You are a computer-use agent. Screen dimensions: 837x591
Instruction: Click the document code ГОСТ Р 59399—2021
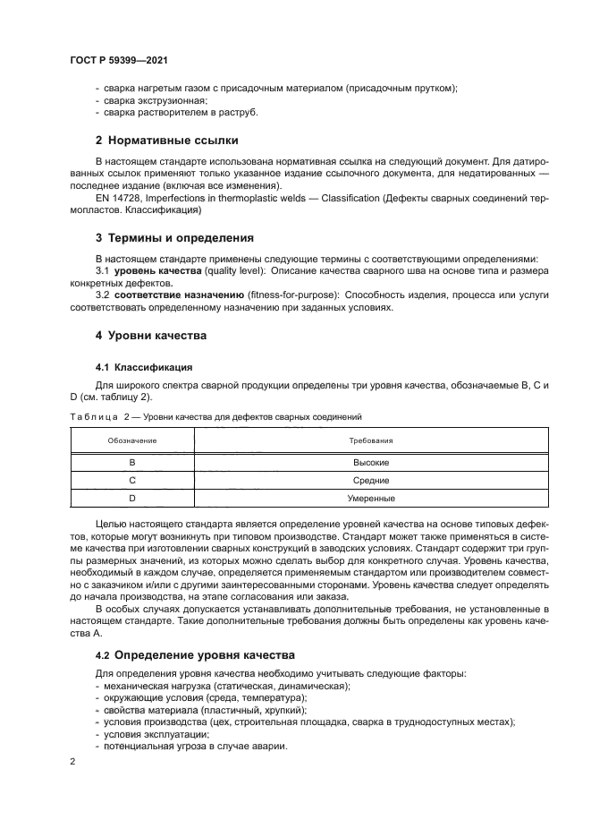click(x=119, y=59)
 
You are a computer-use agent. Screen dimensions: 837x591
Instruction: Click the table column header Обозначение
click(x=132, y=441)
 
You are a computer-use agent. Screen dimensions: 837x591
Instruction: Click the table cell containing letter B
click(x=132, y=464)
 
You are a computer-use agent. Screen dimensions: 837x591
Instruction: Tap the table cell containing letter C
click(x=132, y=481)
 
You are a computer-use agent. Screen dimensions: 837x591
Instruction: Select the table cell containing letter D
click(x=132, y=498)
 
